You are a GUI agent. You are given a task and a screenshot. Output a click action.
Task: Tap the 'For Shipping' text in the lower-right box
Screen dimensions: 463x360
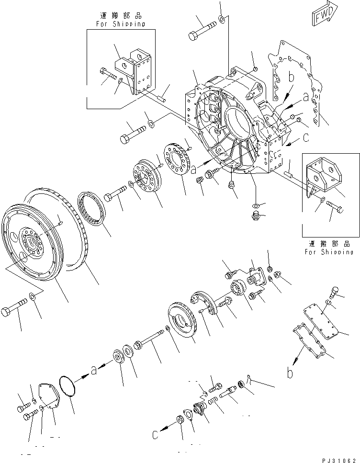click(329, 251)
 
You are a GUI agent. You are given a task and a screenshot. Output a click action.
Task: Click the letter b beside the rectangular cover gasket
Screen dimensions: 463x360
click(290, 373)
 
